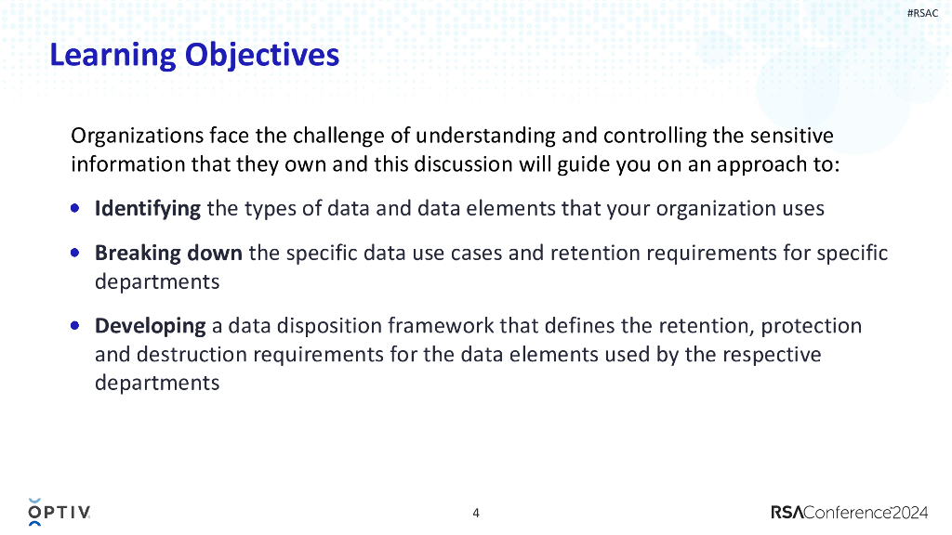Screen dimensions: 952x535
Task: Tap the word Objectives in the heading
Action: pos(261,55)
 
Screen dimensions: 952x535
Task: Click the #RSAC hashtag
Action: pos(922,13)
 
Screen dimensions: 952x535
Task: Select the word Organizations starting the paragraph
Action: pos(138,136)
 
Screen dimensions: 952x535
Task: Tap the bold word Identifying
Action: pos(148,209)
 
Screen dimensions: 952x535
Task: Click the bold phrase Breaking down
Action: pos(168,253)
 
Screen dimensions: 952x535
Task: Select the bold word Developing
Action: pos(150,326)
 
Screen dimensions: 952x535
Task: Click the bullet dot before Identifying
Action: pos(74,209)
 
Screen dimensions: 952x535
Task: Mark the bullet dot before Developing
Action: pos(74,326)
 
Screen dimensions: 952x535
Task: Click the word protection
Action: pos(811,326)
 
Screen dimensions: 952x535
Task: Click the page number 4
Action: pos(476,513)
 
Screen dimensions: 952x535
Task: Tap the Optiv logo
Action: pos(59,512)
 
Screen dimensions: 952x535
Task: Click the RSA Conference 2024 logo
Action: pos(850,513)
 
